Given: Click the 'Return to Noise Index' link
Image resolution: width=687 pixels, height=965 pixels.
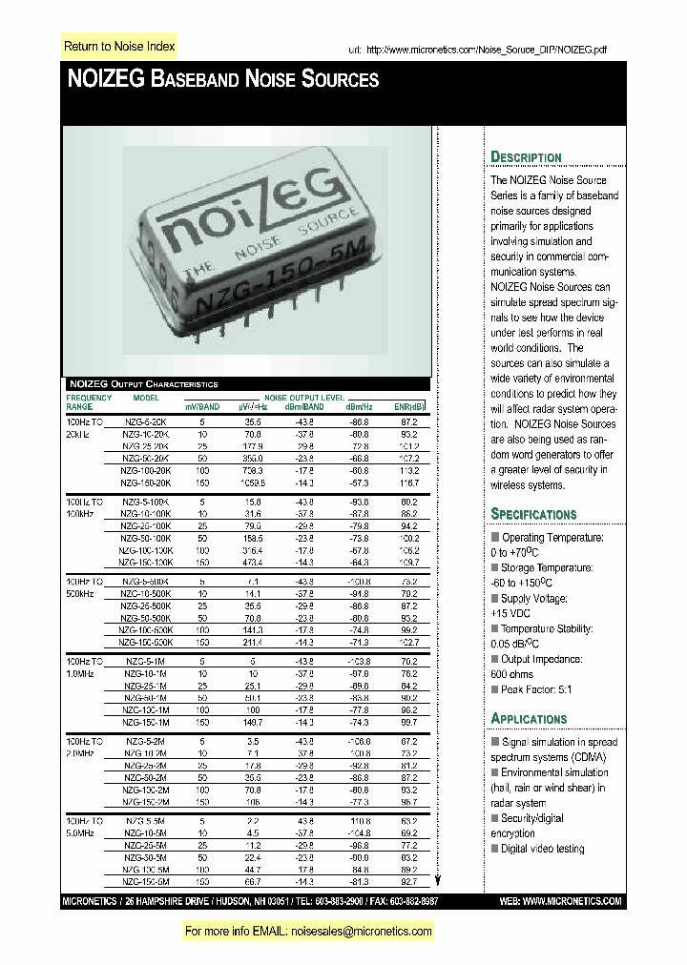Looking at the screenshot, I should click(118, 46).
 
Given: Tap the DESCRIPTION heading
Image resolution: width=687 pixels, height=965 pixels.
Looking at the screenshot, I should click(526, 157).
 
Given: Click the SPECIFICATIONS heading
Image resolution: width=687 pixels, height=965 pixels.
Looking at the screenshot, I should click(533, 514).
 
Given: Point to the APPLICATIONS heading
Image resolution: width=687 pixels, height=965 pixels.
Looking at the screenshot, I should click(529, 719).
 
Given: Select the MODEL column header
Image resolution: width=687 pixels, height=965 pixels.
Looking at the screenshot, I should click(146, 397).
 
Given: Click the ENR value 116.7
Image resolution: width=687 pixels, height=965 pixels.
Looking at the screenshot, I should click(409, 483).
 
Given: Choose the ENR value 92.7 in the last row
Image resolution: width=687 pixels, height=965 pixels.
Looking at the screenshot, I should click(409, 882).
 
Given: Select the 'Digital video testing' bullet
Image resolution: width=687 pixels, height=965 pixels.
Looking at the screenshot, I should click(542, 849).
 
